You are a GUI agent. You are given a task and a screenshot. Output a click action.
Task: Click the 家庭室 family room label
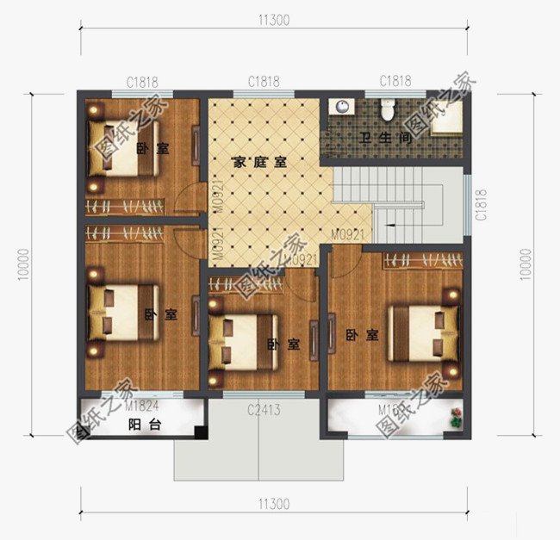click(259, 161)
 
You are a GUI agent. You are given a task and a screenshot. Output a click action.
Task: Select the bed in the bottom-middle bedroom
click(243, 341)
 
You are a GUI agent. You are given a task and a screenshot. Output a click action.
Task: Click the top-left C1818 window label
click(141, 83)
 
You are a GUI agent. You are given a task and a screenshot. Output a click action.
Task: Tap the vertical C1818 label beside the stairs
click(482, 205)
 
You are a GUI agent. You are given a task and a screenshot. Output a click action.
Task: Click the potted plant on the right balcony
click(454, 420)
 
